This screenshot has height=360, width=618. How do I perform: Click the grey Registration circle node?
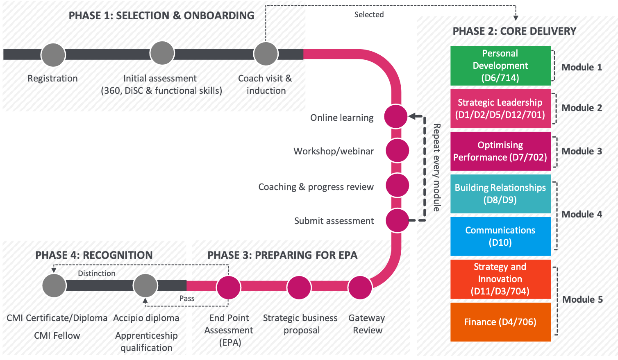[x=53, y=55]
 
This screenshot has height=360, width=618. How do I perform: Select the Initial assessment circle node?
[x=162, y=53]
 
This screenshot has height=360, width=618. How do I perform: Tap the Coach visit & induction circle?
[x=266, y=53]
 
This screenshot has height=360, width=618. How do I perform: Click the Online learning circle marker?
[x=396, y=116]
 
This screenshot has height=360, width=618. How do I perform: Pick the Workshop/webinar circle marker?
[x=397, y=151]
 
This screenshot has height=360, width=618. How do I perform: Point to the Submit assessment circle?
[x=397, y=221]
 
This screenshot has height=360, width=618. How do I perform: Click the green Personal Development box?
[x=500, y=66]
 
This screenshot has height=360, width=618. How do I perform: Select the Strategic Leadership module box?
[x=500, y=109]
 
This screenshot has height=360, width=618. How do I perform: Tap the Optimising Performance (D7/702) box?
[x=500, y=151]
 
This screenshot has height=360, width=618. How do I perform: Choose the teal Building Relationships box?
[x=500, y=194]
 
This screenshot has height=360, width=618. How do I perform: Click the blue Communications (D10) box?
[x=500, y=236]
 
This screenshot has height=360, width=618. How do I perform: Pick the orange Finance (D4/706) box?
[x=500, y=322]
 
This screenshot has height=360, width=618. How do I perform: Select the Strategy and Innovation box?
[x=500, y=279]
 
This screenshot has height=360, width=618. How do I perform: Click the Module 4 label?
[x=582, y=214]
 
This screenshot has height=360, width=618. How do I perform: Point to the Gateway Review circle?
[x=360, y=288]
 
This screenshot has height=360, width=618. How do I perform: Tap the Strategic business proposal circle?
[x=299, y=288]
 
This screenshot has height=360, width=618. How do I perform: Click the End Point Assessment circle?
[x=229, y=288]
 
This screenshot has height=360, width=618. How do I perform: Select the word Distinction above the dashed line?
[x=97, y=273]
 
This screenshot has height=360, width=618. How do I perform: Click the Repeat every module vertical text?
[x=437, y=168]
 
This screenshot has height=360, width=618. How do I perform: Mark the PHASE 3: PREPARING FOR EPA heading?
[x=282, y=255]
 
